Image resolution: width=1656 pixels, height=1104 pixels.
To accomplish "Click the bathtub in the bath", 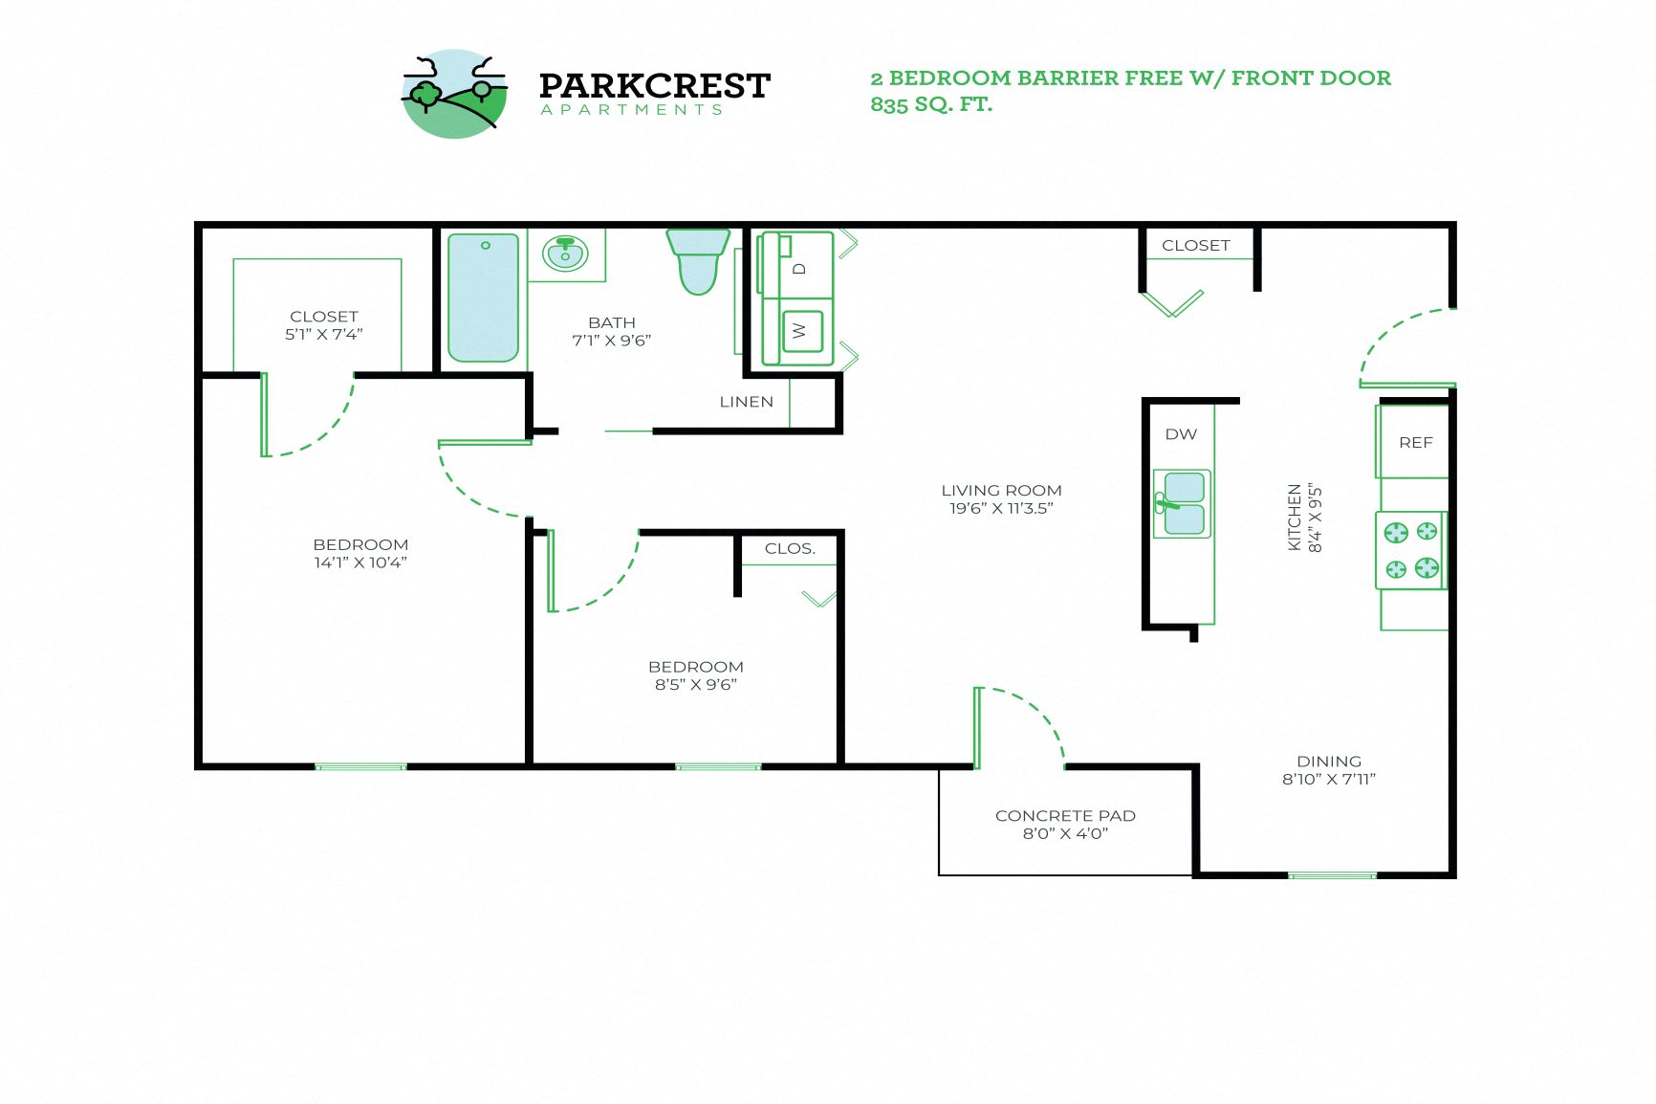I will tap(483, 297).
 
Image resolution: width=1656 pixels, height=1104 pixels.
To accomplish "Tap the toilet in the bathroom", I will tap(698, 260).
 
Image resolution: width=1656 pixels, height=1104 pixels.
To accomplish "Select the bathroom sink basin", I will tap(565, 254).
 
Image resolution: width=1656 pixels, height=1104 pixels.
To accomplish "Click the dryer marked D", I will tap(799, 268).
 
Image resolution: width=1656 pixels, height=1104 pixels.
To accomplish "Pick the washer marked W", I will tap(801, 331).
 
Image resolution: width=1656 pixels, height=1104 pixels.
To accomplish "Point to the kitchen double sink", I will tap(1183, 503).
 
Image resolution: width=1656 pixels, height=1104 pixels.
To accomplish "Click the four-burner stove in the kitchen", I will tap(1411, 550).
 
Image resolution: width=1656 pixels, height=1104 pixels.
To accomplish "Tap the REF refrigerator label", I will tap(1415, 443).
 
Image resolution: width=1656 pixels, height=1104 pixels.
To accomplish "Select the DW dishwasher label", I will tap(1181, 434).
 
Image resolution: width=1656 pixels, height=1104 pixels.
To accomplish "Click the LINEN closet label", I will tap(746, 402).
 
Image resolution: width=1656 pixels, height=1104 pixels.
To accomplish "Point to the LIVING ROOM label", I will tap(1001, 490).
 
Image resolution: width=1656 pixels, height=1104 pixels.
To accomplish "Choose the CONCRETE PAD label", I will tap(1065, 815).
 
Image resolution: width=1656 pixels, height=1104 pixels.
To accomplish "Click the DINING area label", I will tap(1328, 762).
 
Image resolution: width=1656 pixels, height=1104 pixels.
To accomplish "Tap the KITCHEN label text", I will tap(1295, 517).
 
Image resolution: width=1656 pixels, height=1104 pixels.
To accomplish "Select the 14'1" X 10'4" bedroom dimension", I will tap(360, 563).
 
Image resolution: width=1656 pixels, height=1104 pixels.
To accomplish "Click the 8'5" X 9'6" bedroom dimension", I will tap(695, 684).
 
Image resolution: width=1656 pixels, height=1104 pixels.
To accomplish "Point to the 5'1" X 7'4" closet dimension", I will tap(323, 334).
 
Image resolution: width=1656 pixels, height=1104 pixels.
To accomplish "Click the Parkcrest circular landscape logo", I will tap(454, 94).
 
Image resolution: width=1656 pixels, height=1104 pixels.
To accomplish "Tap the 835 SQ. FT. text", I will tap(931, 104).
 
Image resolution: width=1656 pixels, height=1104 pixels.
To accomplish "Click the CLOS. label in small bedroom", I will tap(790, 549).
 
